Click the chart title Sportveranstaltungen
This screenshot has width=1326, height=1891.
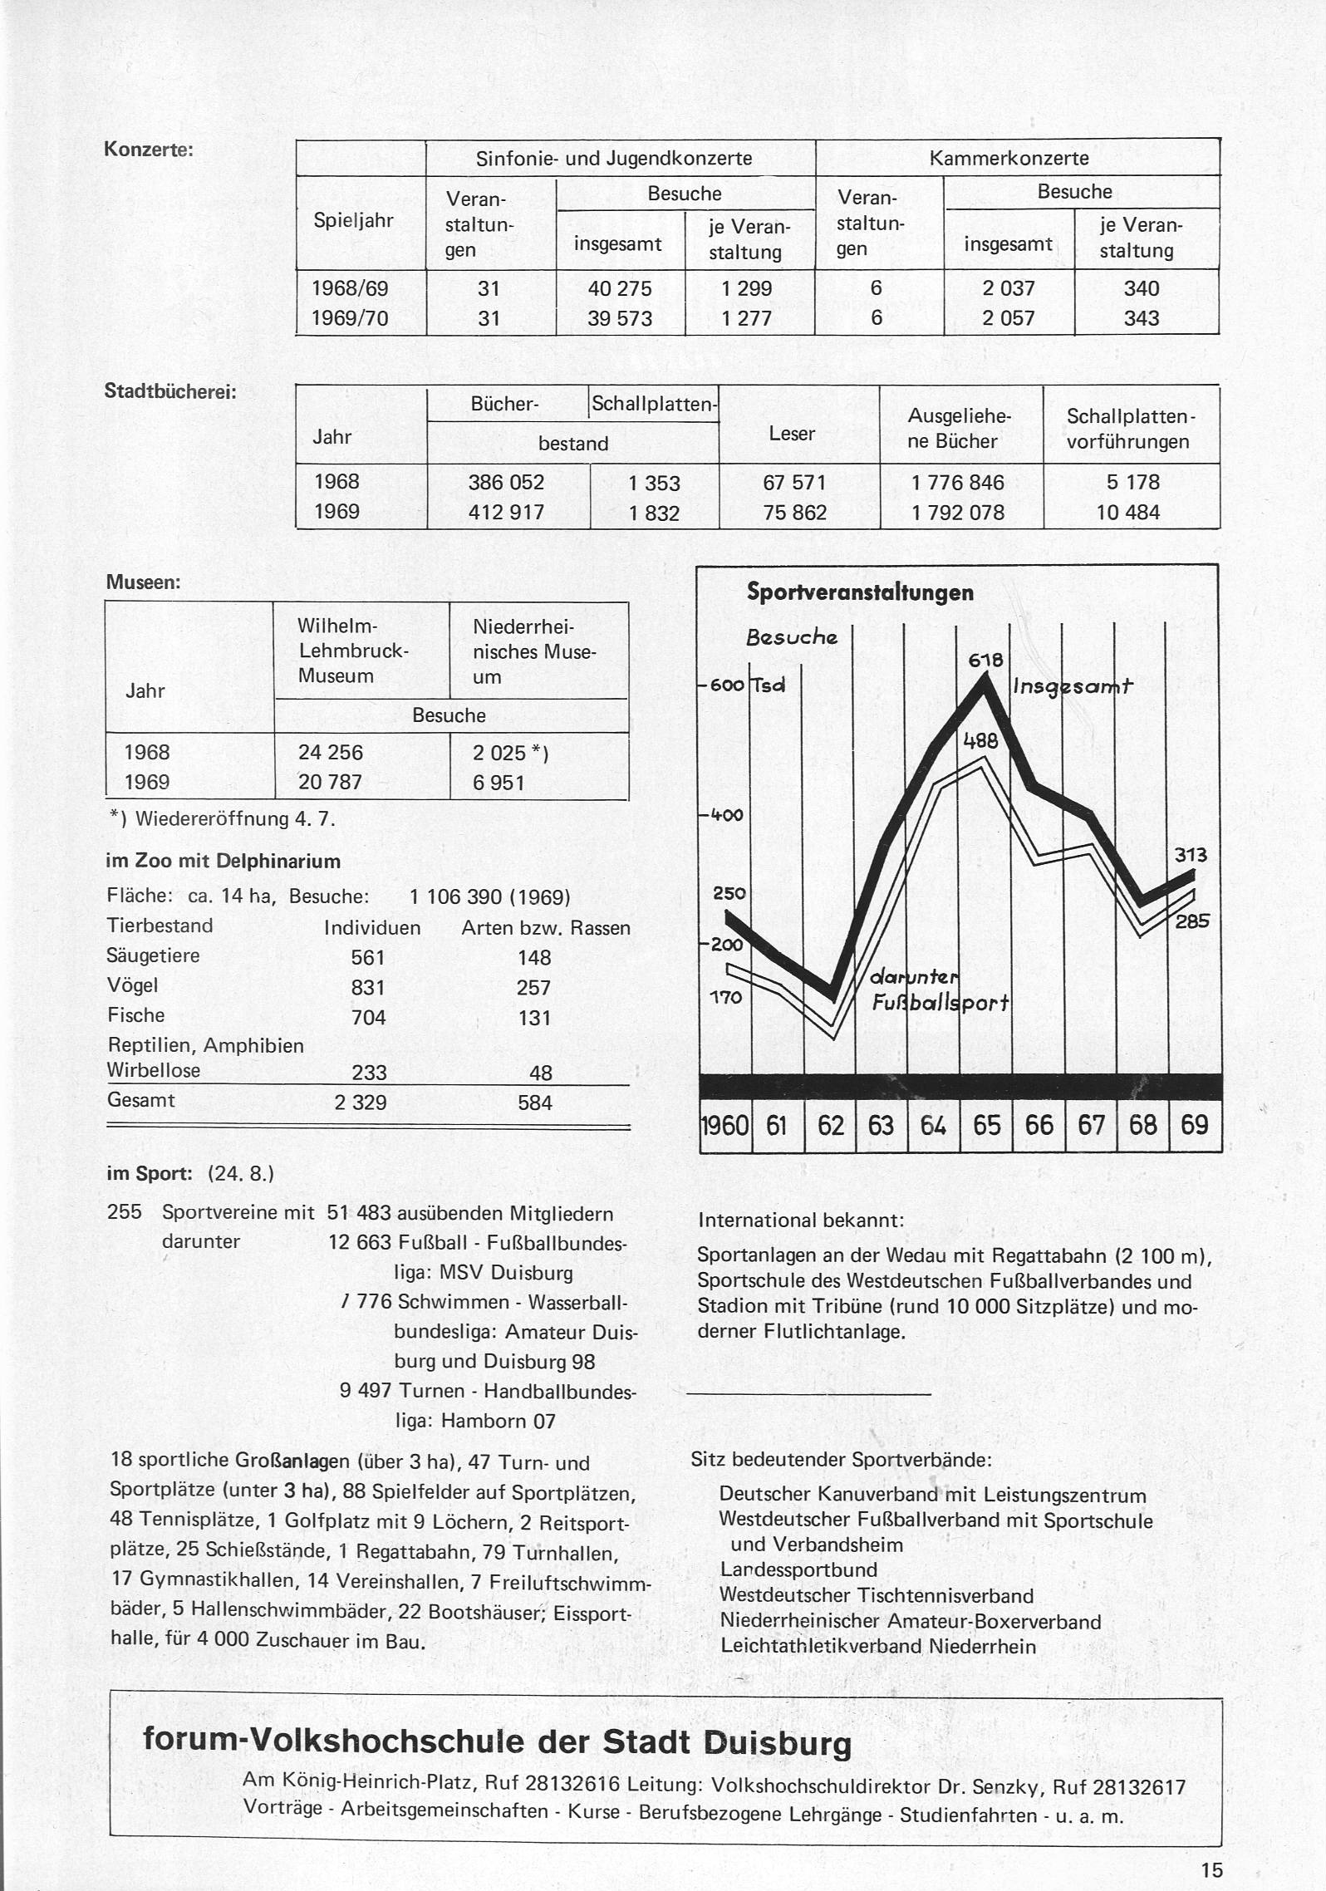tap(860, 592)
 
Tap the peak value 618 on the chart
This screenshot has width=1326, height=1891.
tap(986, 661)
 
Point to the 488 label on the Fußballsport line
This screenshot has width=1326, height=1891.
tap(980, 739)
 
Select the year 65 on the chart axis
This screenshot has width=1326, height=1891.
tap(986, 1125)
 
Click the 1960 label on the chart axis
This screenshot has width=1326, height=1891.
tap(725, 1125)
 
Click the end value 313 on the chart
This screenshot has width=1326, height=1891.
tap(1190, 855)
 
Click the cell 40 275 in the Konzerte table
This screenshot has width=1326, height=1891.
tap(620, 288)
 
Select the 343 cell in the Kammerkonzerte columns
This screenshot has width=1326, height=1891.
tap(1141, 318)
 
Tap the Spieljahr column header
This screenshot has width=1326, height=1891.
tap(353, 220)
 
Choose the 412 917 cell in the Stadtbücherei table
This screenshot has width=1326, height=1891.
tap(506, 512)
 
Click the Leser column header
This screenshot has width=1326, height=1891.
tap(791, 433)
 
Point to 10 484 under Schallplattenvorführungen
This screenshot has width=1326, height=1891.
tap(1127, 512)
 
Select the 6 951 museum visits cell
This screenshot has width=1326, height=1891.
tap(498, 783)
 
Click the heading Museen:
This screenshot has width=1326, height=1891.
tap(143, 582)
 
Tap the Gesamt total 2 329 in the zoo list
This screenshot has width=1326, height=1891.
tap(360, 1103)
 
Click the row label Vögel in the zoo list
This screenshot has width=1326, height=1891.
tap(132, 985)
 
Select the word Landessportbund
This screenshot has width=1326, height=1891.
tap(798, 1569)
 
